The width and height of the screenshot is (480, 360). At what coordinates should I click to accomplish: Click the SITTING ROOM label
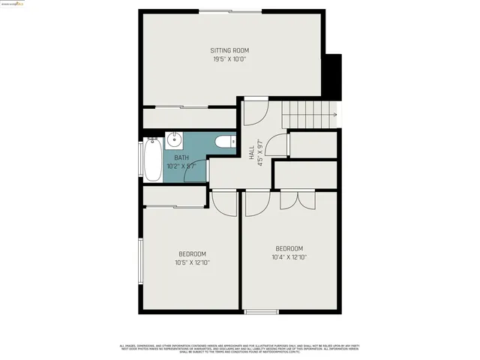pos(229,51)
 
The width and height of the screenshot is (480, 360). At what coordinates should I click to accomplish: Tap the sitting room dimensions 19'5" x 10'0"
pos(229,59)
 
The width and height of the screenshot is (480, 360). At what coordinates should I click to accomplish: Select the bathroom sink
pos(174,139)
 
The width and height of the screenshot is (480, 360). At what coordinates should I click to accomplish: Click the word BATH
pos(181,157)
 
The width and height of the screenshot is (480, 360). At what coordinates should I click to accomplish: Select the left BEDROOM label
pos(192,253)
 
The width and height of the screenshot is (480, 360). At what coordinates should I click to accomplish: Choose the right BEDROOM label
pos(289,248)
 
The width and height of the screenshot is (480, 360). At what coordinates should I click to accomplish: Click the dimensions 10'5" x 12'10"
pos(192,262)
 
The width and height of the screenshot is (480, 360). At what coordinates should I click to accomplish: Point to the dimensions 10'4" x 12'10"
pos(289,257)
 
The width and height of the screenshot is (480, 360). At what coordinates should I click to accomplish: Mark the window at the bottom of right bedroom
pos(261,312)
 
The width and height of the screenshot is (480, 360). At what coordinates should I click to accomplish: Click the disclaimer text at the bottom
pos(240,348)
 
